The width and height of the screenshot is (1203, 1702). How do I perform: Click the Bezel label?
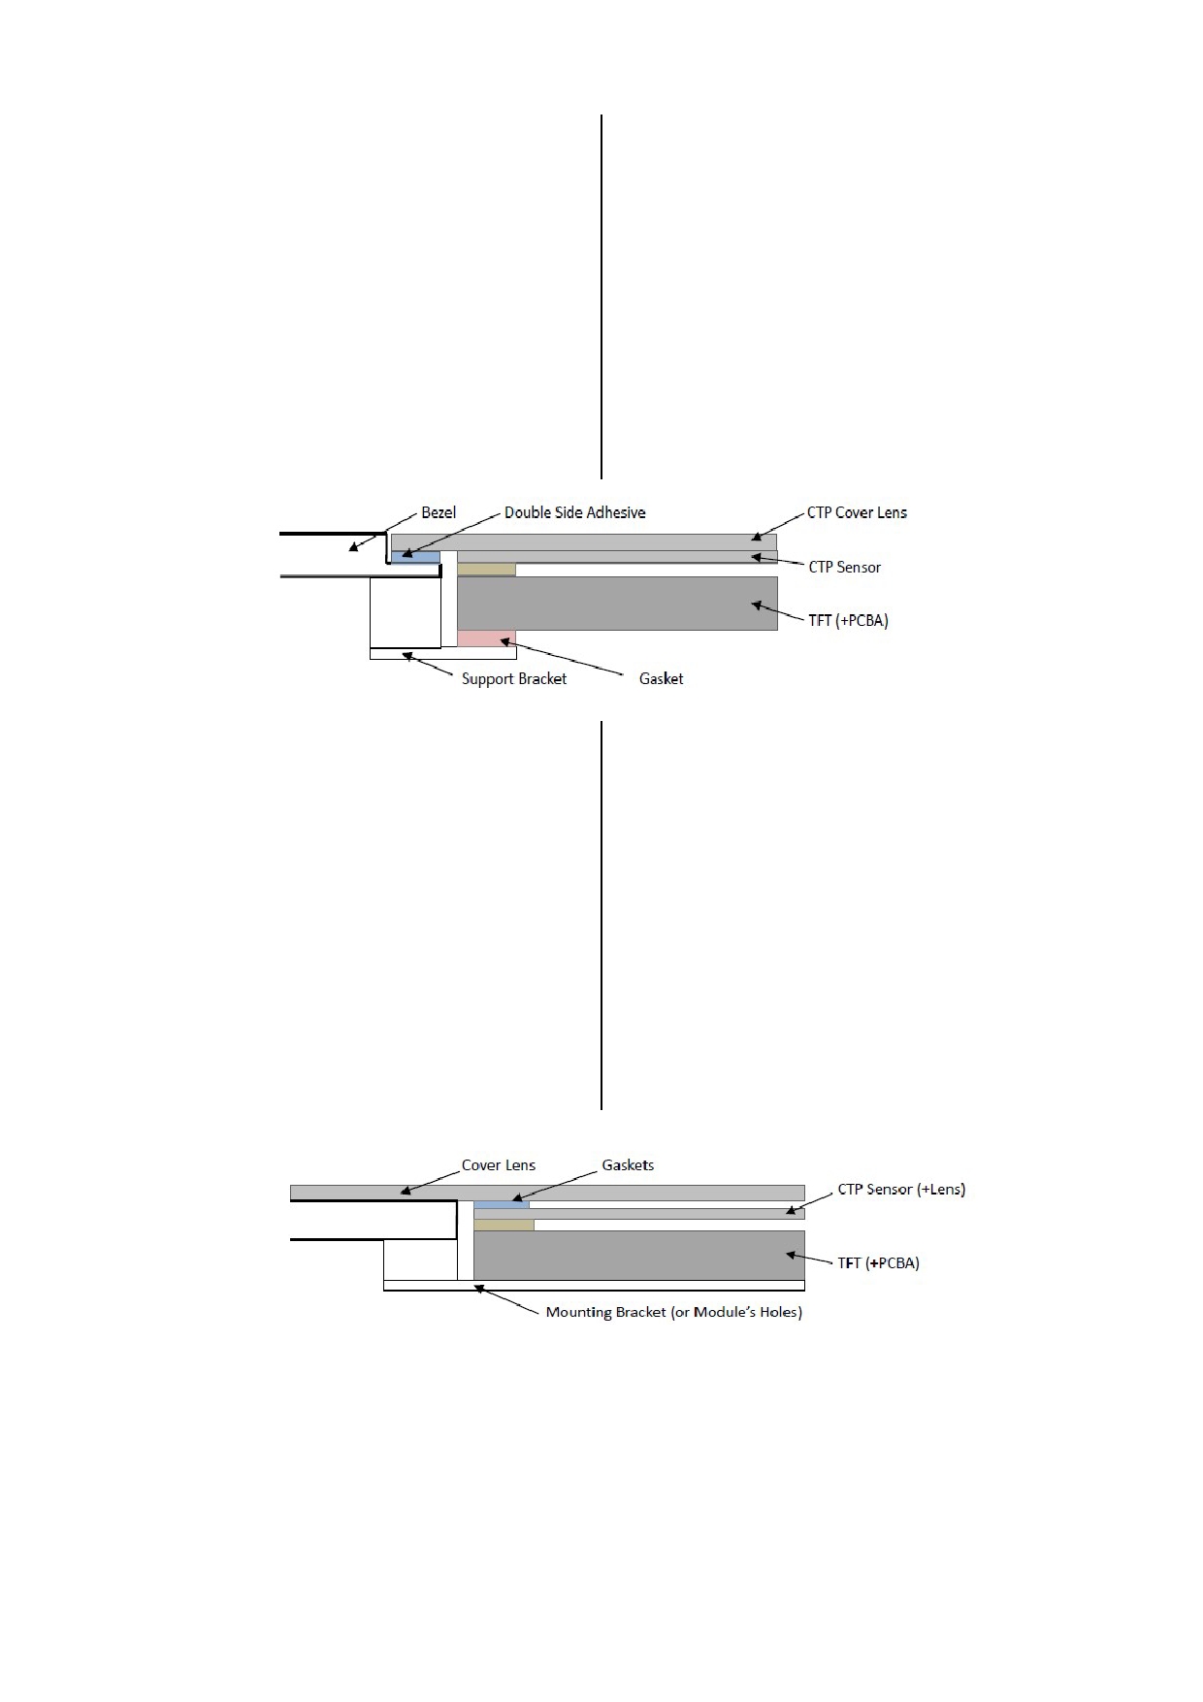(439, 512)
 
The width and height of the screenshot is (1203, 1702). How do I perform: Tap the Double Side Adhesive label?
(574, 512)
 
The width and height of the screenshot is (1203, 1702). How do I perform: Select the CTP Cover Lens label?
(857, 512)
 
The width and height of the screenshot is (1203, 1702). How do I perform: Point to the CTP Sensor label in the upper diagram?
(844, 567)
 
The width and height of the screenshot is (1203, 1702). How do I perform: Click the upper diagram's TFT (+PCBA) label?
(848, 620)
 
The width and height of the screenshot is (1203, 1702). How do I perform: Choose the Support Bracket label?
(513, 678)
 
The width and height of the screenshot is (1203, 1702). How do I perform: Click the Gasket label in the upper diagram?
(661, 678)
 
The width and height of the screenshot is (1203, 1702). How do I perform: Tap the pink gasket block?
(486, 638)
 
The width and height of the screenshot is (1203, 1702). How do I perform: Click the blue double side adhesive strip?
(415, 557)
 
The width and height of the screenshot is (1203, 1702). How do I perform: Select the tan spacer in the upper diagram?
(486, 570)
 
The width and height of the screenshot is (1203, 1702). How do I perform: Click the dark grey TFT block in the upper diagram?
(617, 604)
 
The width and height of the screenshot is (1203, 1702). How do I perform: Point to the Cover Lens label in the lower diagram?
(498, 1165)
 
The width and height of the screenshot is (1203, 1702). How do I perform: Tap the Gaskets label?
(628, 1165)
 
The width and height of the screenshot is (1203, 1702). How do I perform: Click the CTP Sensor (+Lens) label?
(901, 1190)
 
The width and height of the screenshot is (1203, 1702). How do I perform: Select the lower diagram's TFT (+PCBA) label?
(878, 1262)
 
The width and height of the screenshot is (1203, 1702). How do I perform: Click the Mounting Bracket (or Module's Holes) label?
(673, 1312)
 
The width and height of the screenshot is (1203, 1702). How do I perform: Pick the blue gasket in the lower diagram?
(502, 1204)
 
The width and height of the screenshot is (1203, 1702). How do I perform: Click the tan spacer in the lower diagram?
(504, 1226)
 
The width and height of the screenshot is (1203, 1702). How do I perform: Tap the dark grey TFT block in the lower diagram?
(639, 1256)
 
